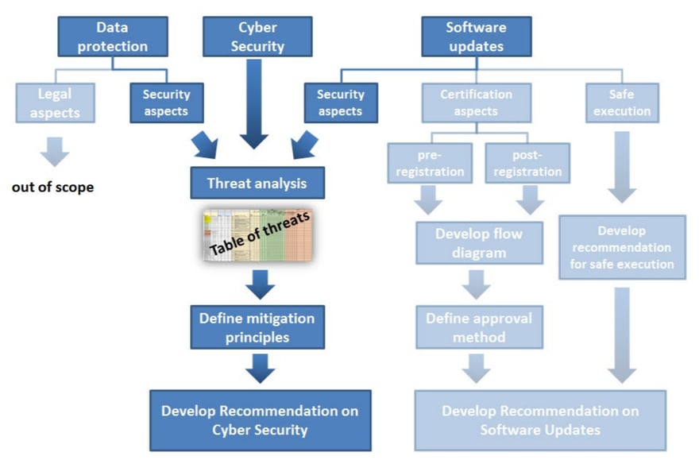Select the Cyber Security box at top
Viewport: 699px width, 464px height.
(x=257, y=37)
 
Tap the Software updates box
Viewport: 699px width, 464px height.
(x=476, y=37)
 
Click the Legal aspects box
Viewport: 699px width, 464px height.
(x=55, y=103)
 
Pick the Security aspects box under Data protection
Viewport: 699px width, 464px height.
(x=166, y=103)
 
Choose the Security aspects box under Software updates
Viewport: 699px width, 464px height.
(x=341, y=103)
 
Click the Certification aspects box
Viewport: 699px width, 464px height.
(x=476, y=103)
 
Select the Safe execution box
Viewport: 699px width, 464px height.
(x=622, y=103)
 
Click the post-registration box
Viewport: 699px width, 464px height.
(x=527, y=162)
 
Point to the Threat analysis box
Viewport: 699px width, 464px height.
(x=257, y=183)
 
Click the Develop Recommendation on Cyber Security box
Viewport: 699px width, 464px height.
(x=260, y=420)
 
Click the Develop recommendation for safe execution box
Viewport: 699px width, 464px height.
(x=622, y=247)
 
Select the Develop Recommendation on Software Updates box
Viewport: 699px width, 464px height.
(x=540, y=420)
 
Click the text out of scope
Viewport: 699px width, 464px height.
(x=52, y=188)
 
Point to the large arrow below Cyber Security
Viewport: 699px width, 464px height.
(x=254, y=103)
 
